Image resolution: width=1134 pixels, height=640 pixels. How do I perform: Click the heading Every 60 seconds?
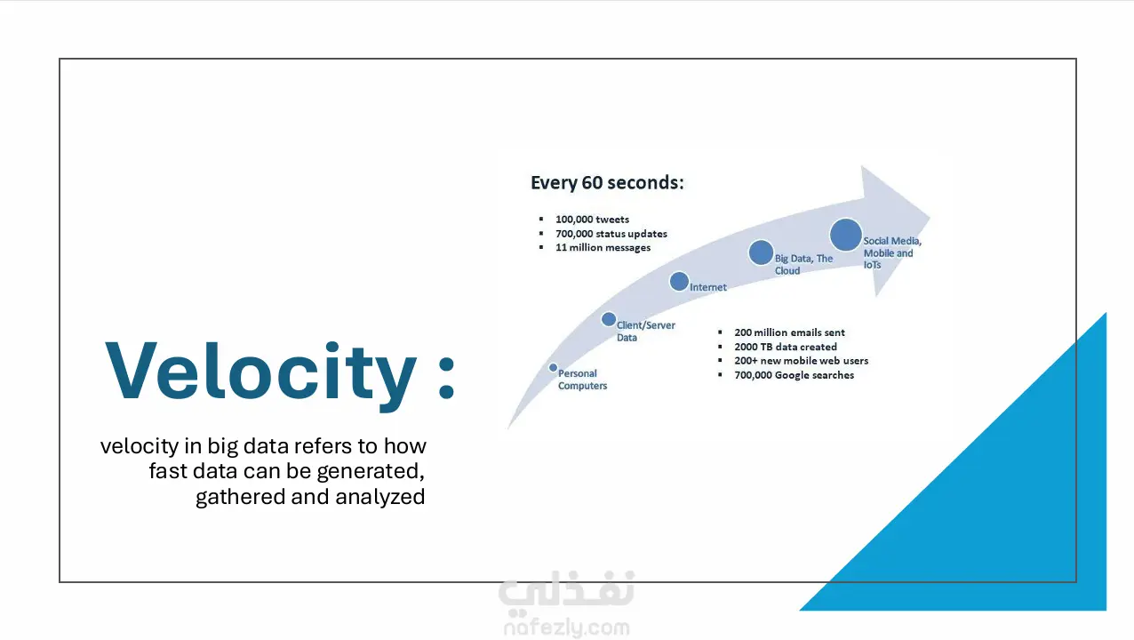tap(607, 183)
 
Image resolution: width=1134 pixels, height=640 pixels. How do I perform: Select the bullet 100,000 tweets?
tap(592, 220)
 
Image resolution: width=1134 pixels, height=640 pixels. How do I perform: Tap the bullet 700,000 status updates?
tap(611, 234)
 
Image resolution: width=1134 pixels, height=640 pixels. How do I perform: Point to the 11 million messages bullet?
tap(603, 248)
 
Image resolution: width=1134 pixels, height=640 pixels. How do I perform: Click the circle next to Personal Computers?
tap(553, 367)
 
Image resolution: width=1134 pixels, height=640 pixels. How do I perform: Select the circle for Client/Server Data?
tap(609, 319)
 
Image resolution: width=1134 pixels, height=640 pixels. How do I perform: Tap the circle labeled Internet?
tap(679, 282)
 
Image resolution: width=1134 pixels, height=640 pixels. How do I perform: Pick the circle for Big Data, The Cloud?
tap(761, 252)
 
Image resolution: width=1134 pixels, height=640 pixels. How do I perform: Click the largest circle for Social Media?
tap(846, 235)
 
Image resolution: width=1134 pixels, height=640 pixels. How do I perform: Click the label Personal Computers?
tap(582, 380)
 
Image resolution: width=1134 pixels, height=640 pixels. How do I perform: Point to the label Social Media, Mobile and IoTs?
tap(891, 252)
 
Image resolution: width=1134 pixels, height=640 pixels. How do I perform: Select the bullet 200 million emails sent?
tap(789, 332)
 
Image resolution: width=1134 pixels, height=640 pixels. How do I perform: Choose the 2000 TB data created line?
tap(785, 347)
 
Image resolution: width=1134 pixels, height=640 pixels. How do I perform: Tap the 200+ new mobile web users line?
tap(801, 361)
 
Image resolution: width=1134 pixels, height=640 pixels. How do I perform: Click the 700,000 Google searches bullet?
tap(794, 375)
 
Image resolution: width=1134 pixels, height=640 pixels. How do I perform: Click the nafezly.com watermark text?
tap(566, 628)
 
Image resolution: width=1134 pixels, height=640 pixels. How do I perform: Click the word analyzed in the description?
tap(379, 497)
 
